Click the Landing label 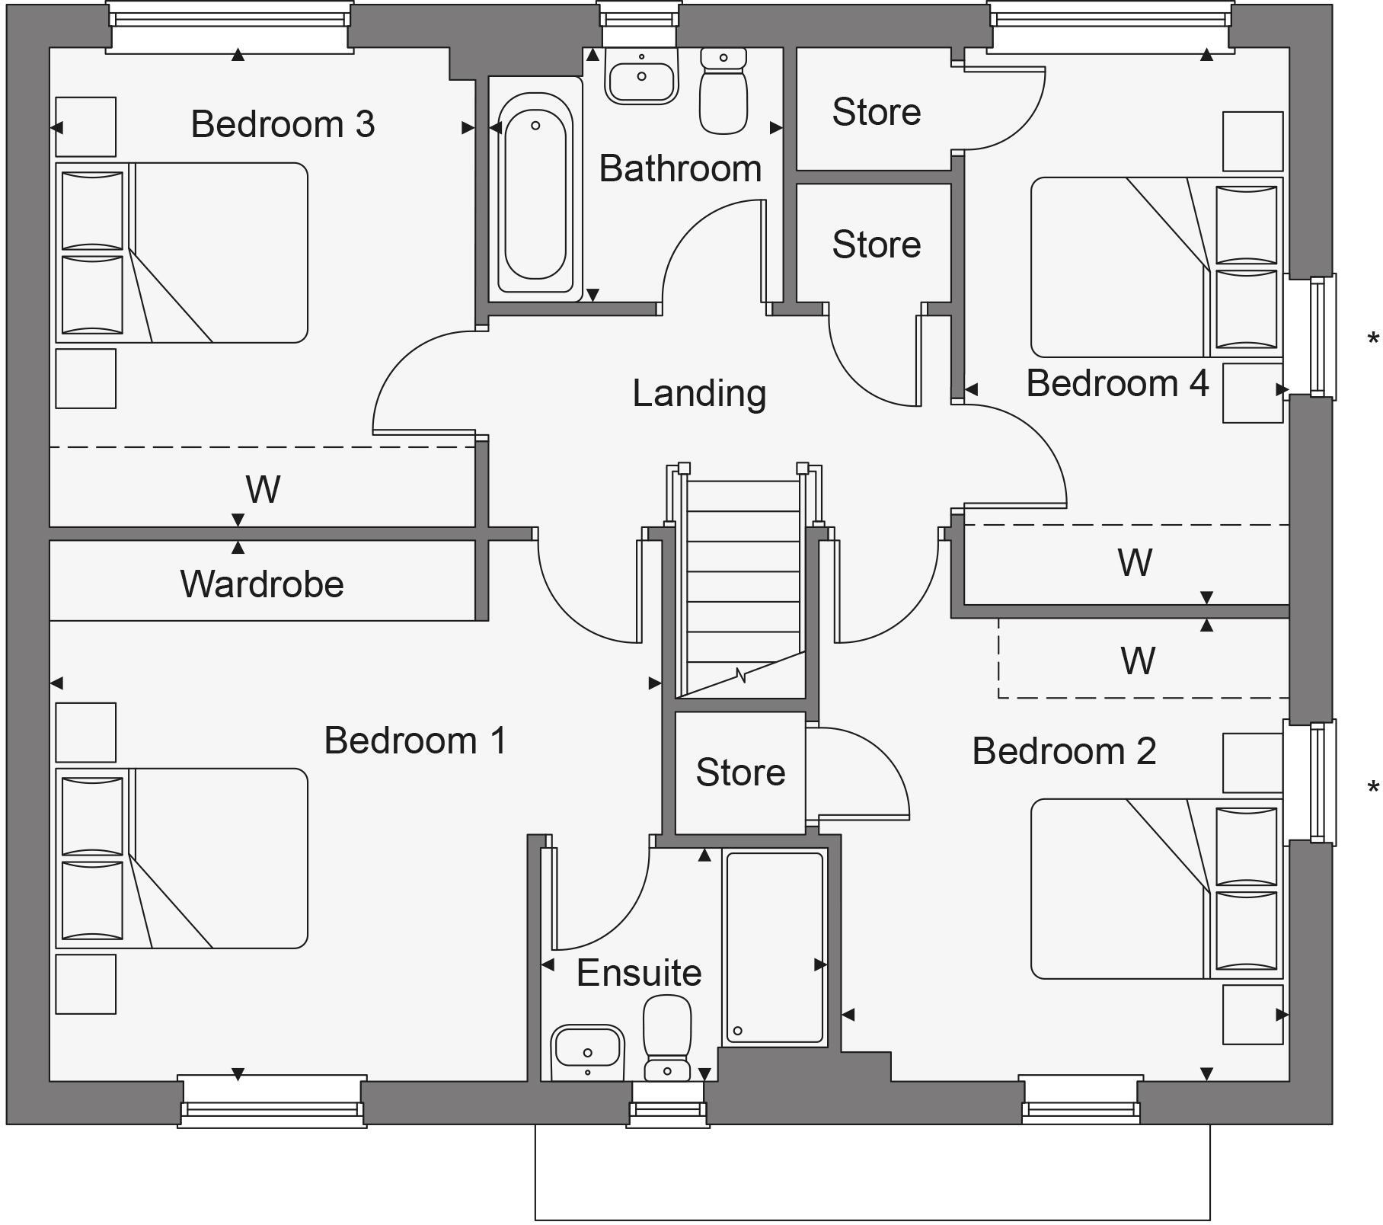(698, 394)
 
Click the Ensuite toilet (667, 1036)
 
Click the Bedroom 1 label (415, 740)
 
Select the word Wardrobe (262, 584)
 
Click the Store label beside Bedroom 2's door (739, 772)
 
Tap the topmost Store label (876, 112)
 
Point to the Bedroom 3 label (283, 124)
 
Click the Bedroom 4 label (1117, 382)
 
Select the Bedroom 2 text (1064, 751)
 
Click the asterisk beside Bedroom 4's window (1372, 339)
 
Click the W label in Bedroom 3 (263, 489)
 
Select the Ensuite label (638, 973)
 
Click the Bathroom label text (680, 168)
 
